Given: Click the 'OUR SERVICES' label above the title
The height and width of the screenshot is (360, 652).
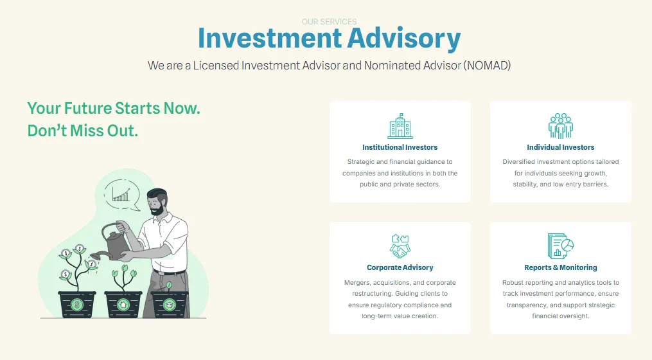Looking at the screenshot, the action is [x=329, y=22].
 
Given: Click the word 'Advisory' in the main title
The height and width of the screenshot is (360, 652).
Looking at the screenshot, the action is [x=404, y=39].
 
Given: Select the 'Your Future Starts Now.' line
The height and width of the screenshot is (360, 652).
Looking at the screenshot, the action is [x=114, y=108].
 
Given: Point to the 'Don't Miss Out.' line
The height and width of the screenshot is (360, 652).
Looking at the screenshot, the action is [x=83, y=130].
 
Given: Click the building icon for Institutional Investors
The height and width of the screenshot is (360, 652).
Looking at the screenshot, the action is [x=400, y=126].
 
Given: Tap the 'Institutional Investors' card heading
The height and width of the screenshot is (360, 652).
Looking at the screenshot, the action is [x=400, y=147].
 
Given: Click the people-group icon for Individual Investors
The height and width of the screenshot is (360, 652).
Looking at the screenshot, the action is [x=561, y=126].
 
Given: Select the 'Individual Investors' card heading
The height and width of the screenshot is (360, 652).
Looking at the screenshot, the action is [x=561, y=147].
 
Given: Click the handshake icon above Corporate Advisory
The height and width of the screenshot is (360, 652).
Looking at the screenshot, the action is [x=400, y=246].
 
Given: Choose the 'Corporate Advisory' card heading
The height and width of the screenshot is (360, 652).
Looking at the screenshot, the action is [x=400, y=267].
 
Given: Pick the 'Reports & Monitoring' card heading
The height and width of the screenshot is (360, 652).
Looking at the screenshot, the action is [x=561, y=267].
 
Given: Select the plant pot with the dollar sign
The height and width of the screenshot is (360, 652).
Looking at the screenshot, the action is [x=77, y=304].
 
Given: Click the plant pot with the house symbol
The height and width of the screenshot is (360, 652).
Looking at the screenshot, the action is [x=123, y=304].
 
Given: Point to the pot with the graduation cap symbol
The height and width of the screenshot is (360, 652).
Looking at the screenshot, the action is [x=169, y=304].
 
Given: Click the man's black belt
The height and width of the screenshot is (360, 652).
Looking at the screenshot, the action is [x=170, y=273].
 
